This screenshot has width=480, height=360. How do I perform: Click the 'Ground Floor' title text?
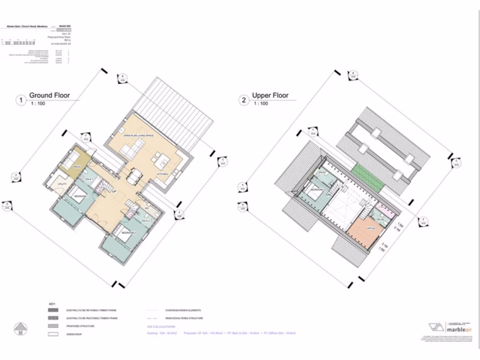[49, 96]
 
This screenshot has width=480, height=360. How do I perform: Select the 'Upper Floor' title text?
[270, 96]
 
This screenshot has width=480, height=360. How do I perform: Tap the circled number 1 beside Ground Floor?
[20, 100]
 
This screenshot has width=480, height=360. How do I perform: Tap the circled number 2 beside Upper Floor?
[243, 100]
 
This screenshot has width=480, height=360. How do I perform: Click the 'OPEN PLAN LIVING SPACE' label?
[139, 135]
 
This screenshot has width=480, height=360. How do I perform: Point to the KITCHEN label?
[162, 173]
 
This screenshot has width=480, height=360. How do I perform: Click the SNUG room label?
[77, 166]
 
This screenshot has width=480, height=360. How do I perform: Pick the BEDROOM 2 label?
[129, 233]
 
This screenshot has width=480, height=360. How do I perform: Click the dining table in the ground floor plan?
[135, 177]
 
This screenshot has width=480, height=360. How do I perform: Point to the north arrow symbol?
[20, 328]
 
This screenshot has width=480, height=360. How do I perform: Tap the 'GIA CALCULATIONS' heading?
[161, 327]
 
